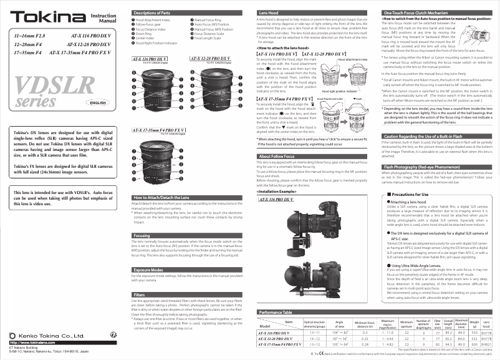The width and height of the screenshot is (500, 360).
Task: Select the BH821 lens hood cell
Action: (x=487, y=343)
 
